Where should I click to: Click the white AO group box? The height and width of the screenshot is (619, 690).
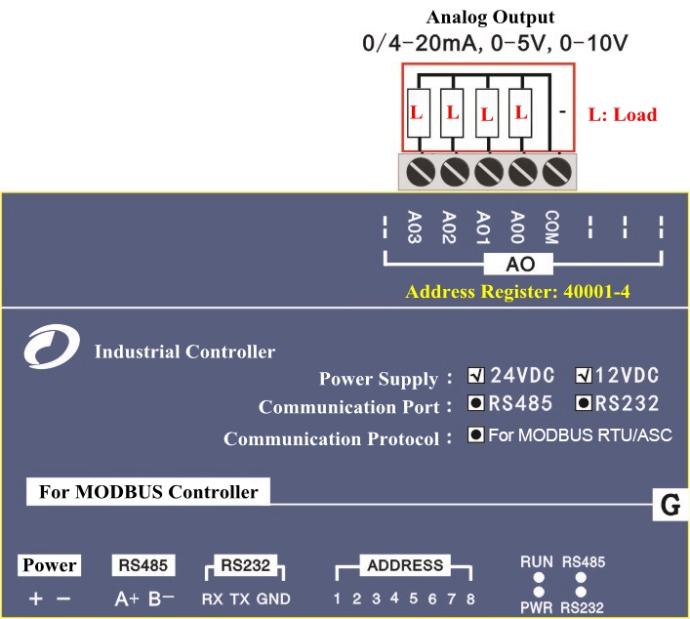[518, 264]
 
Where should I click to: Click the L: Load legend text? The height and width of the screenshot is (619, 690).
[623, 114]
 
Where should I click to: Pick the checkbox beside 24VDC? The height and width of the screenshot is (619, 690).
[476, 376]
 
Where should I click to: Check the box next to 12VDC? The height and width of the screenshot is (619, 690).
[585, 376]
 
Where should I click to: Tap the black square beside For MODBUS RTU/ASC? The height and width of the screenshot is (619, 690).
[476, 435]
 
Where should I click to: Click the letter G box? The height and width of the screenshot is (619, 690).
[670, 506]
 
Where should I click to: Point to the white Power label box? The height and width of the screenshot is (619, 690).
[50, 565]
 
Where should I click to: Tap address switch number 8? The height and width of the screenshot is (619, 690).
[470, 598]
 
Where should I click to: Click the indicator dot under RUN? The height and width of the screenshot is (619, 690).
[537, 578]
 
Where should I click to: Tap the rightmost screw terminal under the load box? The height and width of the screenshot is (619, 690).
[556, 172]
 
